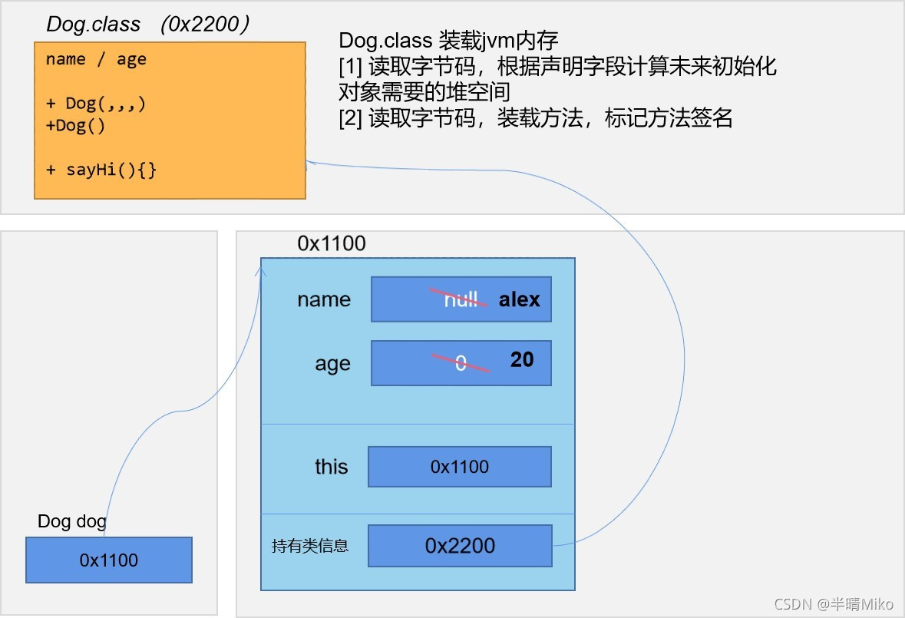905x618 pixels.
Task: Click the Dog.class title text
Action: coord(94,25)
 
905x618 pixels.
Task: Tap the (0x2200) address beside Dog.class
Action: coord(205,25)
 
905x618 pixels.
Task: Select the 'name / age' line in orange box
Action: coord(96,59)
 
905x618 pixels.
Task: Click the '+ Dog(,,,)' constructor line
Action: coord(96,104)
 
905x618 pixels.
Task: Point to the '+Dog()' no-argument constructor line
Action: coord(76,126)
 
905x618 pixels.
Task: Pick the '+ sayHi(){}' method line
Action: coord(101,170)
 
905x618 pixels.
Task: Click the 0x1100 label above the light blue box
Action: coord(332,243)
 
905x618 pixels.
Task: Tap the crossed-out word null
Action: coord(461,299)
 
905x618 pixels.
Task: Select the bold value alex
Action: coord(520,299)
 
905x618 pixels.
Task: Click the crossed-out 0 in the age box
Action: coord(461,363)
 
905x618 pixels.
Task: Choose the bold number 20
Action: coord(522,359)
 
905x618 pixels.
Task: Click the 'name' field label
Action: coord(324,299)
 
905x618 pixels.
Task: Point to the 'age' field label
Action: coord(332,365)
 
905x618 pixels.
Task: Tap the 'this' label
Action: coord(332,466)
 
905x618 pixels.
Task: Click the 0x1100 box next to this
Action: coord(460,467)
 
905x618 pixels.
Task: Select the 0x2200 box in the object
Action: coord(460,546)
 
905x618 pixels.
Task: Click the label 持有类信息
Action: coord(310,546)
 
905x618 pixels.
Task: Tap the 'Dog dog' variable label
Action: coord(72,521)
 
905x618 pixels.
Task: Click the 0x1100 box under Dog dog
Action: coord(109,560)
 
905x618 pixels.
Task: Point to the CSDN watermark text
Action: coord(834,603)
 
